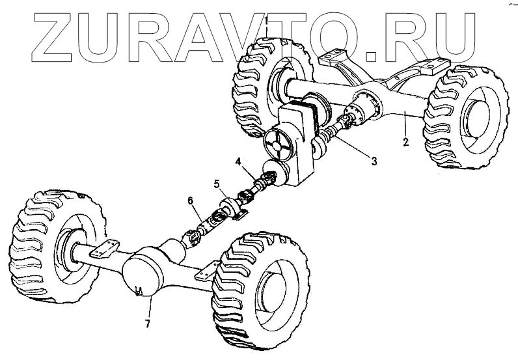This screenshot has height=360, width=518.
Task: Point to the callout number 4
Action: [239, 159]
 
